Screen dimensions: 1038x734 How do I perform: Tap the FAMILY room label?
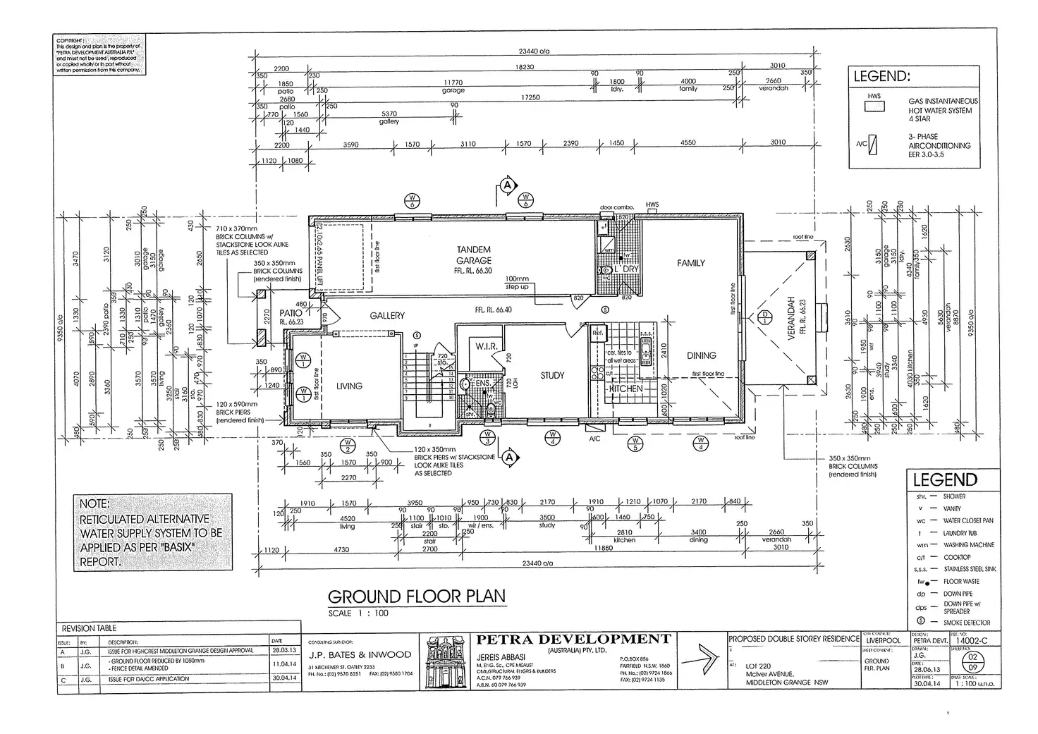click(x=690, y=263)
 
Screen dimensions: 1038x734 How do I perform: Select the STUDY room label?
click(x=552, y=376)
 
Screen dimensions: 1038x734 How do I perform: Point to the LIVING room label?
click(x=349, y=386)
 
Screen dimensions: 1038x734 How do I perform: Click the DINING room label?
click(x=701, y=355)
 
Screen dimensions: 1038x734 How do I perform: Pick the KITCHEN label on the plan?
click(x=626, y=389)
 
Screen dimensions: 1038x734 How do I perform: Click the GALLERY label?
click(x=387, y=316)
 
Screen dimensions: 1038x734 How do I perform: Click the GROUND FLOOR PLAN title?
click(x=417, y=597)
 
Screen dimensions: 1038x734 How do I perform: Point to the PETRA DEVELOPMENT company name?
click(x=573, y=640)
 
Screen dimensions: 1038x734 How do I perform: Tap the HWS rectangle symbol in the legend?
click(x=874, y=107)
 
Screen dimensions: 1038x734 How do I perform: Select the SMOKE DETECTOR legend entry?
click(x=967, y=623)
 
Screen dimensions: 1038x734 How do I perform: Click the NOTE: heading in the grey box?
click(x=94, y=505)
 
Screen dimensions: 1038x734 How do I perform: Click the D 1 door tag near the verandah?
click(x=766, y=318)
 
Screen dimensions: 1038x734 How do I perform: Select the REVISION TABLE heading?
click(x=89, y=628)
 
